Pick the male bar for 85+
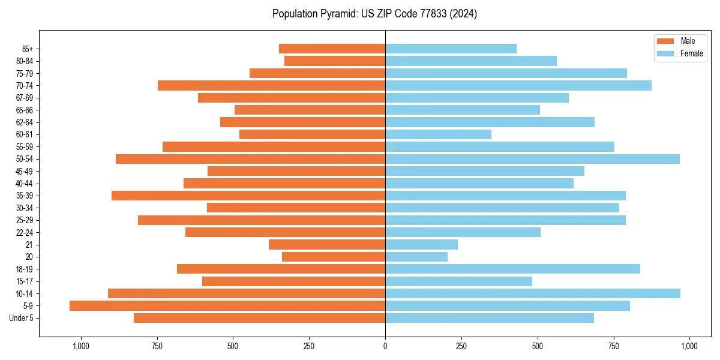pyautogui.click(x=332, y=49)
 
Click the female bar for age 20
pyautogui.click(x=416, y=257)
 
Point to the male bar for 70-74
pyautogui.click(x=271, y=85)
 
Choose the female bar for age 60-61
pyautogui.click(x=438, y=134)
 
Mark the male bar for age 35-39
pyautogui.click(x=248, y=196)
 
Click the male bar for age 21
pyautogui.click(x=327, y=244)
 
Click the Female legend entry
pyautogui.click(x=684, y=53)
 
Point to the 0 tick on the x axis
pyautogui.click(x=385, y=346)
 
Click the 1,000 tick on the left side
pyautogui.click(x=81, y=346)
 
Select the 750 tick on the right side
pyautogui.click(x=613, y=346)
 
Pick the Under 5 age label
pyautogui.click(x=22, y=318)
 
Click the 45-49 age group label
pyautogui.click(x=25, y=171)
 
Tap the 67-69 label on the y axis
pyautogui.click(x=25, y=98)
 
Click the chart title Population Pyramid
pyautogui.click(x=374, y=14)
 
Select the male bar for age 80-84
pyautogui.click(x=335, y=61)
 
